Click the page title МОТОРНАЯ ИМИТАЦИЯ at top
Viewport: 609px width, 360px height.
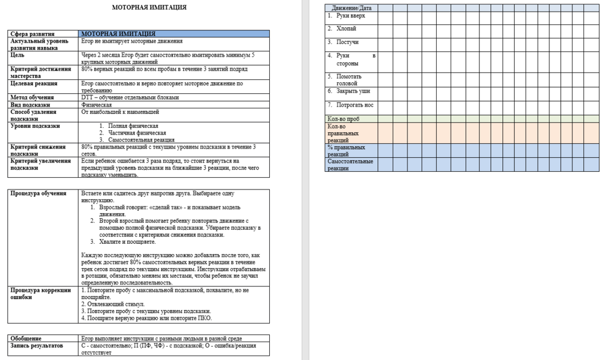pos(149,7)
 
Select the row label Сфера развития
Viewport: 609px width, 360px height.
pos(33,34)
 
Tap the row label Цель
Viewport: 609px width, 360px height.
pos(18,55)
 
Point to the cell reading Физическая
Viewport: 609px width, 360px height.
pos(96,105)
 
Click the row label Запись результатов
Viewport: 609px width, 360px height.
pos(37,345)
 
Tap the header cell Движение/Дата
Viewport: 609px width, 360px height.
pos(352,8)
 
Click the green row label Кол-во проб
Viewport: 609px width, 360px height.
pos(344,119)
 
